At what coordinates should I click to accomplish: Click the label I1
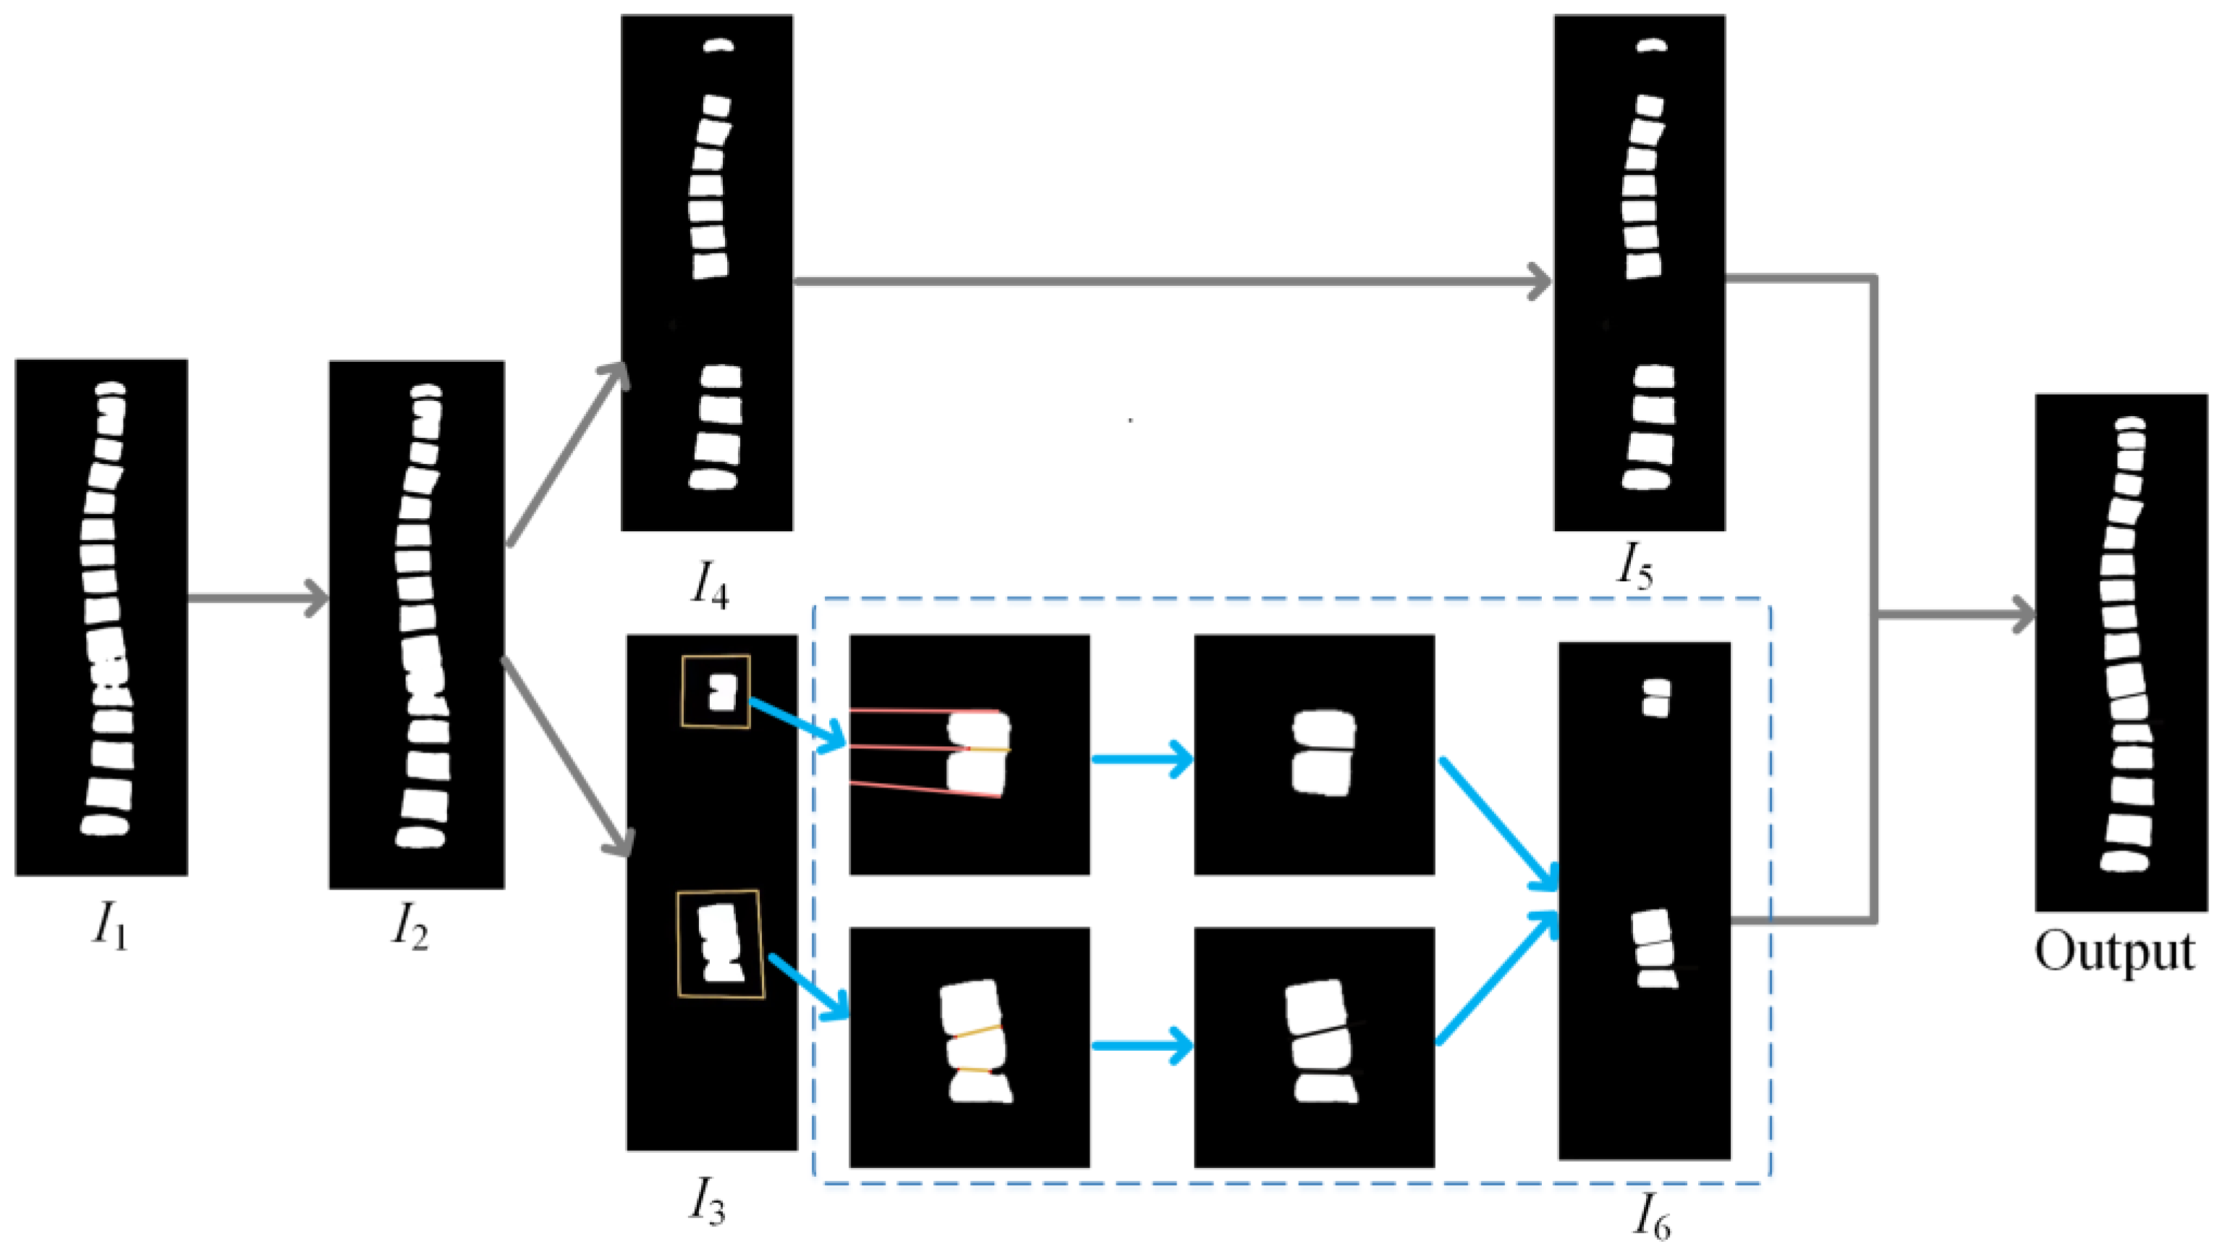[x=109, y=929]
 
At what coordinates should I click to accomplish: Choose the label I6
[x=1651, y=1216]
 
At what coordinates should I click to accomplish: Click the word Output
[x=2114, y=952]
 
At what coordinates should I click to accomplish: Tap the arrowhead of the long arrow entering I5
[x=1540, y=282]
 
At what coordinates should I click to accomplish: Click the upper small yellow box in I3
[x=715, y=691]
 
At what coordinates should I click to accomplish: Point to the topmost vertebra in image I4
[x=718, y=46]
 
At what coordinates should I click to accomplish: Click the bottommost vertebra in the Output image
[x=2122, y=862]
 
